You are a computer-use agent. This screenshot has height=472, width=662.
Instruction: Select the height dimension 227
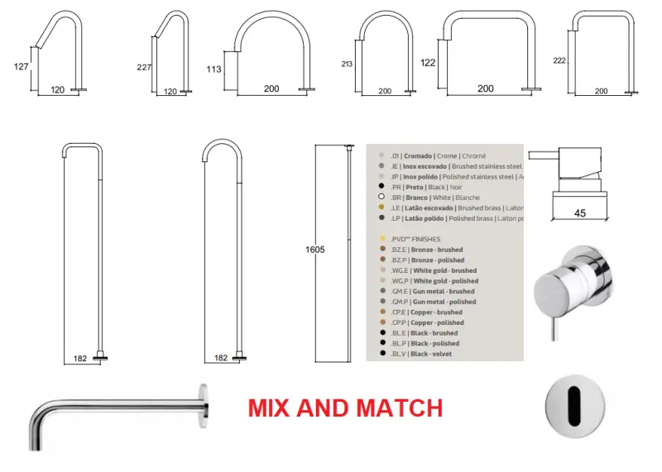click(144, 67)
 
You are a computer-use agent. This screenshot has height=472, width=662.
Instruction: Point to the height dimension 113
click(213, 69)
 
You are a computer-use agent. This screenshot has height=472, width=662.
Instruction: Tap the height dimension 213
click(348, 64)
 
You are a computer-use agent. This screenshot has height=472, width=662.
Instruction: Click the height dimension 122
click(428, 62)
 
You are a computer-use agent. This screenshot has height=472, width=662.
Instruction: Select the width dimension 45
click(579, 213)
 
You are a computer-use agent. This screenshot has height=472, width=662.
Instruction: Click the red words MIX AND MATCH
click(346, 408)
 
